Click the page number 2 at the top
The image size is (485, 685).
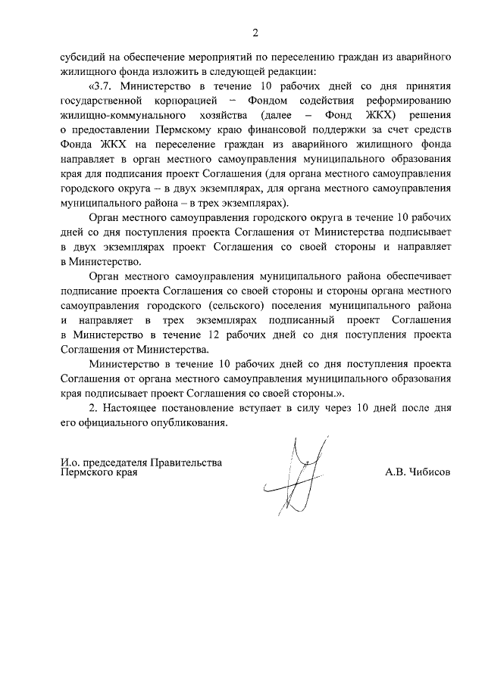(x=255, y=32)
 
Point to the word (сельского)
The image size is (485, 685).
(x=264, y=304)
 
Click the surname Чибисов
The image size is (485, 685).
(x=428, y=471)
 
